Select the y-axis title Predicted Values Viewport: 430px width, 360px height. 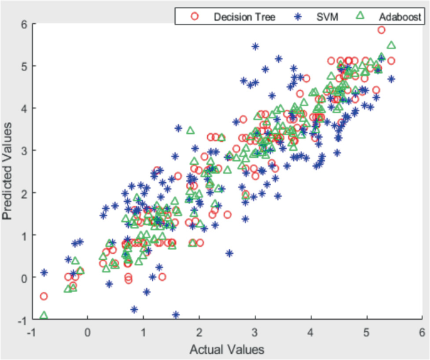coord(8,172)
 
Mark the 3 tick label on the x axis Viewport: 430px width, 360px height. coord(254,332)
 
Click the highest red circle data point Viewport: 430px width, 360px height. coord(381,30)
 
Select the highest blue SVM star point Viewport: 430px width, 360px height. coord(255,46)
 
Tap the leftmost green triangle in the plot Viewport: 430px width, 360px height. coord(44,315)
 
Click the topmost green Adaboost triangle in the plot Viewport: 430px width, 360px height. coord(391,45)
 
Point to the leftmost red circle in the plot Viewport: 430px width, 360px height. coord(44,296)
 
